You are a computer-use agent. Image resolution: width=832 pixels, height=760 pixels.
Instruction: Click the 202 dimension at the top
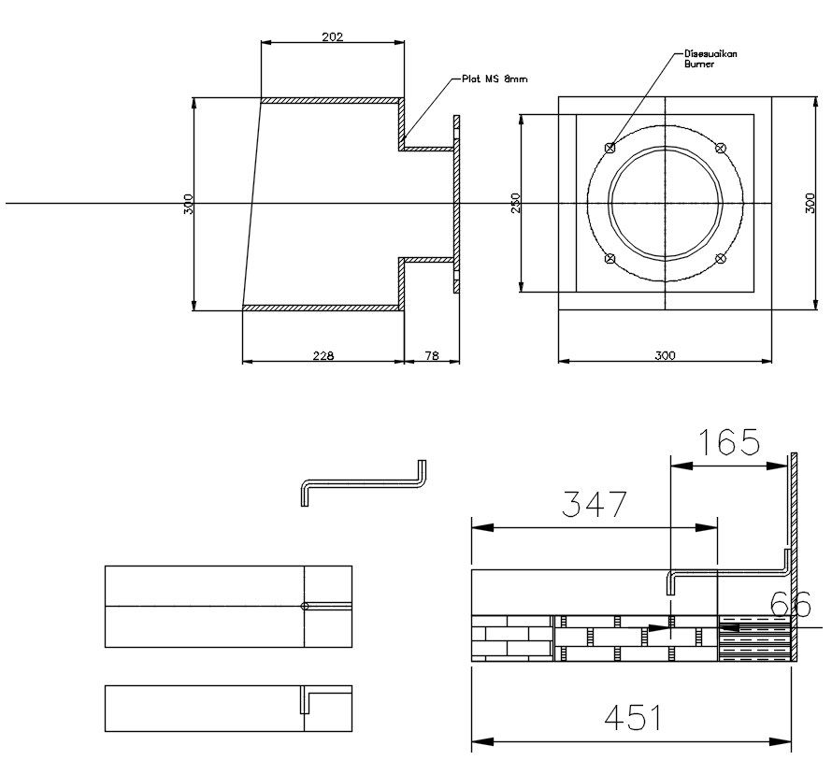click(x=333, y=37)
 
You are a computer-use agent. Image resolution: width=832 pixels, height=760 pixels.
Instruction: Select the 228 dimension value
click(x=323, y=355)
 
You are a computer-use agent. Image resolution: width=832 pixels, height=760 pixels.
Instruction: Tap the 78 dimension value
click(x=432, y=355)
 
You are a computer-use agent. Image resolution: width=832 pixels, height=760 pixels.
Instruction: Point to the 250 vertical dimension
click(x=515, y=204)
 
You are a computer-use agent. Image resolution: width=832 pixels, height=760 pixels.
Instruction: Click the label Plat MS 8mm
click(x=495, y=80)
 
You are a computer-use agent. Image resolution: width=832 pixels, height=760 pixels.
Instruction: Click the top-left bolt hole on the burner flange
click(x=610, y=147)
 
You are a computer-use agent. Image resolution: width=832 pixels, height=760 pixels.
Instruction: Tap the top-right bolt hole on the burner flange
click(x=720, y=147)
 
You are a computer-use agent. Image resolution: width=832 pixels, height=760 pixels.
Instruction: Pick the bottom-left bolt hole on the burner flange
click(x=610, y=259)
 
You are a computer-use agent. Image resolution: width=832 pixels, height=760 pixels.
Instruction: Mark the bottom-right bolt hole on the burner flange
click(x=720, y=259)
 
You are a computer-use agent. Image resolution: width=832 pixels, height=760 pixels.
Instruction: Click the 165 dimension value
click(x=730, y=441)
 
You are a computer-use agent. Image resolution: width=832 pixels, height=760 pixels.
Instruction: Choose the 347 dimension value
click(x=593, y=505)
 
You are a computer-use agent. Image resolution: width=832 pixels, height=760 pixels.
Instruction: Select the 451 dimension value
click(x=632, y=718)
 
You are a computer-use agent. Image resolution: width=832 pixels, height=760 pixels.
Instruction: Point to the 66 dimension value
click(x=791, y=606)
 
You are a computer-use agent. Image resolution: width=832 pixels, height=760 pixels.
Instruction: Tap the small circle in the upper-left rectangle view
click(x=305, y=606)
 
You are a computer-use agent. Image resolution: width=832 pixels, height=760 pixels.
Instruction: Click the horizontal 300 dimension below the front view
click(x=664, y=355)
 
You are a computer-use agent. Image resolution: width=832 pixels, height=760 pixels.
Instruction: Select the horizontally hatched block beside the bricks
click(x=753, y=638)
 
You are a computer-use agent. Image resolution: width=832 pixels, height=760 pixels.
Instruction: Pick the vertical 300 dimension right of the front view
click(x=810, y=204)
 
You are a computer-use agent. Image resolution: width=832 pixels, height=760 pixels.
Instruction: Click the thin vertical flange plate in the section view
click(x=457, y=204)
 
